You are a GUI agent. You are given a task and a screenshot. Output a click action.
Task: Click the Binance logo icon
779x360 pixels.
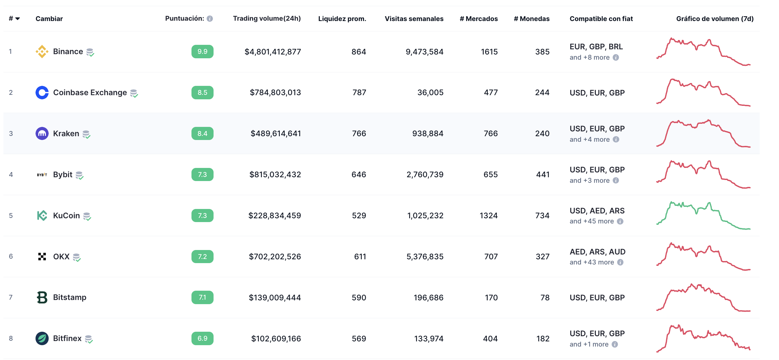[x=42, y=52]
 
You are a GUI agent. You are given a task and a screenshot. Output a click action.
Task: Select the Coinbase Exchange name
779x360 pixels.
[x=90, y=92]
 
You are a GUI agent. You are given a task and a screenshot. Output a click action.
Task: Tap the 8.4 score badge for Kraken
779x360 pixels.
[x=202, y=133]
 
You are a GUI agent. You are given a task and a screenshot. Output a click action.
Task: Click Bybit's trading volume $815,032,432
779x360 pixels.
[x=275, y=174]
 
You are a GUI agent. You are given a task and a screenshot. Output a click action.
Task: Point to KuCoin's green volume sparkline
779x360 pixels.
[x=703, y=216]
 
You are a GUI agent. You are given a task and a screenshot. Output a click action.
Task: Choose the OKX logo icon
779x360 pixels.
[x=42, y=257]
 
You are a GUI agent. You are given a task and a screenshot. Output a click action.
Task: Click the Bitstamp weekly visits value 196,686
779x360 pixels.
[x=428, y=298]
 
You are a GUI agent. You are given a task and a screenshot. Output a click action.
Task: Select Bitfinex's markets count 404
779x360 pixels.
[x=490, y=339]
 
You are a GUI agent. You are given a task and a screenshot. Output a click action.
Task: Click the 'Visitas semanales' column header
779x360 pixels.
[x=414, y=19]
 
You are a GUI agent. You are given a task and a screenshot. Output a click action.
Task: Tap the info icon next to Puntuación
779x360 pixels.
[x=210, y=19]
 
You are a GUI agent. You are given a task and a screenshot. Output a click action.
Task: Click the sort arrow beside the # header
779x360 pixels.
[x=18, y=19]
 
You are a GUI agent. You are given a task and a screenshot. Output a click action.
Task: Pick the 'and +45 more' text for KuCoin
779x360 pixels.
[x=592, y=221]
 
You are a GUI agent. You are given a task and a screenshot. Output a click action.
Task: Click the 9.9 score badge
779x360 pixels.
[x=202, y=52]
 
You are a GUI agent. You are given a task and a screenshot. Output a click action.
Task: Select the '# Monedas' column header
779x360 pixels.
[x=531, y=19]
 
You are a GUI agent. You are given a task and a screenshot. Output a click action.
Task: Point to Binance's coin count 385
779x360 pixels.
[x=542, y=52]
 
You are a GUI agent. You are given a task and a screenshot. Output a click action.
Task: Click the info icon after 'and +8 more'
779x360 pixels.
[x=616, y=58]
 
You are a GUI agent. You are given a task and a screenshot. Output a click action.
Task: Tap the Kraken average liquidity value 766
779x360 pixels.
[x=359, y=133]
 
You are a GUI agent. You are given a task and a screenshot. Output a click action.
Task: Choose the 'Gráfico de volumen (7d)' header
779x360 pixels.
[x=714, y=19]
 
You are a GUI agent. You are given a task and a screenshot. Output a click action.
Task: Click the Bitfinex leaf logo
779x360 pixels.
[x=42, y=338]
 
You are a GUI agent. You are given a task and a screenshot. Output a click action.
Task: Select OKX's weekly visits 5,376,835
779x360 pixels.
[x=425, y=257]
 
